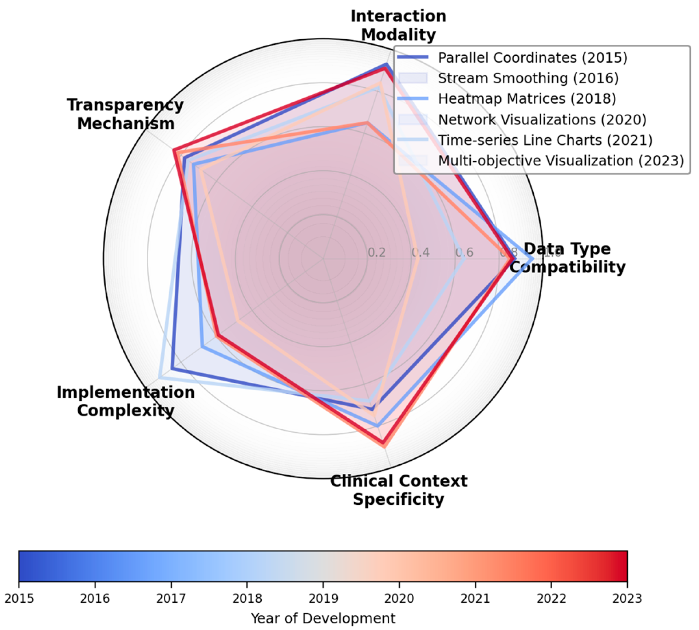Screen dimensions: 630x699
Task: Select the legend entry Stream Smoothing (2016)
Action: tap(528, 78)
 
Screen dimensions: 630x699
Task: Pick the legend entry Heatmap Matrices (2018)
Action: tap(527, 99)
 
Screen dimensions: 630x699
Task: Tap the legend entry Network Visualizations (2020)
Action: tap(542, 119)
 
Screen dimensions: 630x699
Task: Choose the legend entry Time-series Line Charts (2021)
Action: tap(545, 140)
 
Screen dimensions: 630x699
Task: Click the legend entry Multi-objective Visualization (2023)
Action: tap(561, 161)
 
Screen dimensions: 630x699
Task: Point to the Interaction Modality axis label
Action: tap(398, 25)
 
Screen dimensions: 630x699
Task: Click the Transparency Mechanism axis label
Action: tap(126, 114)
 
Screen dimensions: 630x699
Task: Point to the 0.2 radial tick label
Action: tap(376, 252)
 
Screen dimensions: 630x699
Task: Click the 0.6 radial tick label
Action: tap(464, 252)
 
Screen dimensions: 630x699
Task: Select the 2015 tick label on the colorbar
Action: tap(19, 599)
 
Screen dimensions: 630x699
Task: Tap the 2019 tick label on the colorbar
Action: tap(323, 599)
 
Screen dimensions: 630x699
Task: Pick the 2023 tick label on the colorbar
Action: tap(627, 599)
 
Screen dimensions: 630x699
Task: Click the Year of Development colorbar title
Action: tap(323, 618)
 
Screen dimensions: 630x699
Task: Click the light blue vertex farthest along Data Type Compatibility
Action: tap(533, 259)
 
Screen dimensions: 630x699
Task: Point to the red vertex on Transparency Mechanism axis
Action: tap(174, 150)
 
